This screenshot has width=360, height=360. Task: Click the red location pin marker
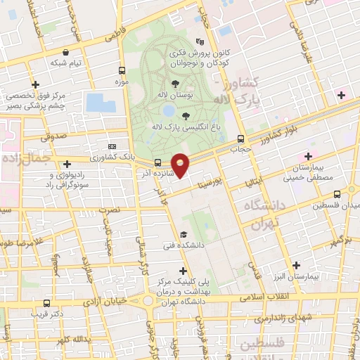pos(181,164)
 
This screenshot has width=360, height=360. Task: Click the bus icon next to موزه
pos(122,71)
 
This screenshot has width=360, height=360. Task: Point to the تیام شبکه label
pos(66,63)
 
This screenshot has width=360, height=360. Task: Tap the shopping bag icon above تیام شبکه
pos(66,51)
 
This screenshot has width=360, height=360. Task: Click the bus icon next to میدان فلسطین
pos(337,194)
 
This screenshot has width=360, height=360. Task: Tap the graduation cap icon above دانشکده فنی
pos(184,234)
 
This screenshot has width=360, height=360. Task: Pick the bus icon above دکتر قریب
pos(46,303)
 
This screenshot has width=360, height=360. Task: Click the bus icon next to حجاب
pos(241,139)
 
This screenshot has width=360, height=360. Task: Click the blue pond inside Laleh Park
pos(168,110)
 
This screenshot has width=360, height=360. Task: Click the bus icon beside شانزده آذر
pos(157,163)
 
